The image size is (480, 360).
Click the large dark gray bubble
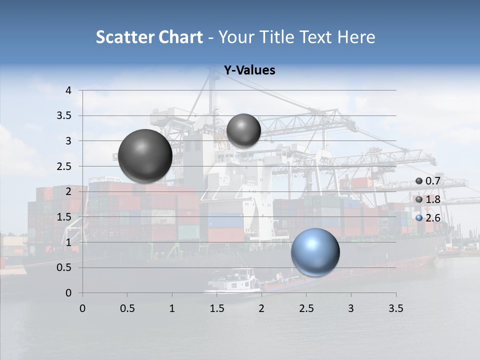point(145,156)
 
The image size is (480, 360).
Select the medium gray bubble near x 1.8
point(243,130)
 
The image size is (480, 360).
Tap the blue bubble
point(315,252)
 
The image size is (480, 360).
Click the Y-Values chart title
point(249,70)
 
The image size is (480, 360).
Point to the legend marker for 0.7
point(419,181)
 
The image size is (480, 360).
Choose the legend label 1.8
point(432,199)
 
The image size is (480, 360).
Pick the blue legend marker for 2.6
point(419,218)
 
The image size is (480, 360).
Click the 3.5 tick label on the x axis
point(395,308)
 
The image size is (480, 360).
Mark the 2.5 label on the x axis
point(306,308)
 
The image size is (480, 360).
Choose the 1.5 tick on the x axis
point(216,308)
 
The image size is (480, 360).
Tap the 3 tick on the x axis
point(351,308)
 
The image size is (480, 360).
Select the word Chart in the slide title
point(180,37)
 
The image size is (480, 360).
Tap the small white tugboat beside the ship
point(234,282)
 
